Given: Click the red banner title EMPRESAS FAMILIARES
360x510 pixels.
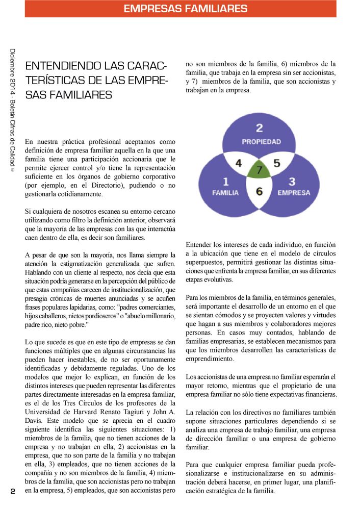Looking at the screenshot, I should tap(186, 9).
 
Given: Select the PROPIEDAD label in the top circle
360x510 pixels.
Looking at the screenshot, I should tap(261, 141).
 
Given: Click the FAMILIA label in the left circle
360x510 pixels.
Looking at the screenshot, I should tap(225, 193).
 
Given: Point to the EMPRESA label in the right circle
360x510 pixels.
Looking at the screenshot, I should tap(294, 193).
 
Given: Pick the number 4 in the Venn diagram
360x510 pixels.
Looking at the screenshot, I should tap(239, 164).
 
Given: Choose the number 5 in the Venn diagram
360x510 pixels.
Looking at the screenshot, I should tap(277, 164).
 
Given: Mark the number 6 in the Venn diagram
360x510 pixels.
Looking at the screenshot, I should tap(259, 192).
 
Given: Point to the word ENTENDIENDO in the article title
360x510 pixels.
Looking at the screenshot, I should tap(57, 66).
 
